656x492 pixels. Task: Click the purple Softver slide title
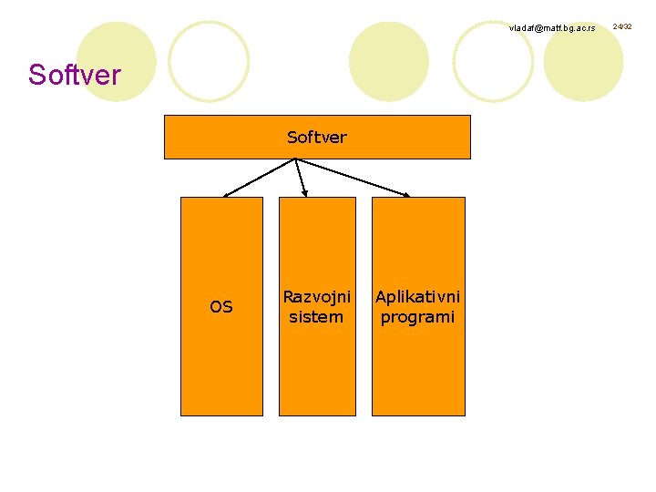click(x=74, y=75)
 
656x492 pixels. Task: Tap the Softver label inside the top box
click(x=316, y=138)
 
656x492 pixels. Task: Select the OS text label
click(x=221, y=307)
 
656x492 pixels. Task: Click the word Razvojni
click(x=316, y=297)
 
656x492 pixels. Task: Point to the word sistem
click(x=316, y=317)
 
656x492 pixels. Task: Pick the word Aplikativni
click(x=417, y=297)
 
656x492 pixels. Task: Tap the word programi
click(x=417, y=317)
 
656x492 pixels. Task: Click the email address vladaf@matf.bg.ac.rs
click(x=552, y=28)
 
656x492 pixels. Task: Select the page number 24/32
click(x=622, y=27)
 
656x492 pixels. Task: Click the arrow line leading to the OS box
click(x=260, y=178)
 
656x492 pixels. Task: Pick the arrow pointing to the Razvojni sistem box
click(x=302, y=179)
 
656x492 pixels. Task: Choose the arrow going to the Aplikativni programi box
click(x=354, y=178)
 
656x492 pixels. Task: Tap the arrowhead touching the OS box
click(x=227, y=194)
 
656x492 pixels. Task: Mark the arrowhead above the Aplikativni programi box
click(x=407, y=193)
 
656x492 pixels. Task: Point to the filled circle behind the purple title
click(x=116, y=60)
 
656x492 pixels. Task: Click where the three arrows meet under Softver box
click(x=296, y=160)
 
